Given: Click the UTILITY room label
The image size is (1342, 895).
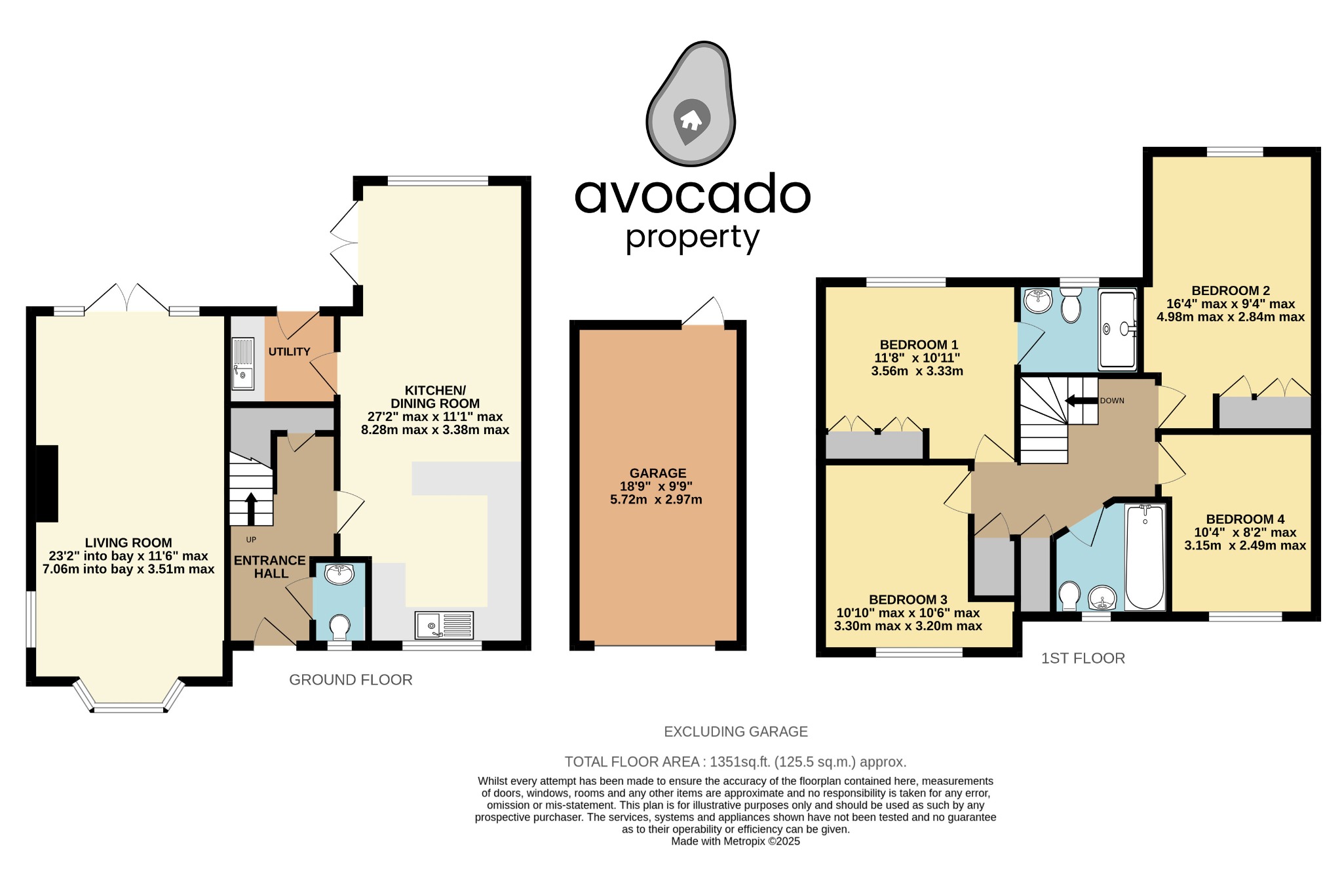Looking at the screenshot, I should click(x=289, y=352).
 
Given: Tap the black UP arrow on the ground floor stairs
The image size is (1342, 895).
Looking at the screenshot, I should click(x=251, y=507).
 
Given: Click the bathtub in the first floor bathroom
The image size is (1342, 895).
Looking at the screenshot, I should click(x=1145, y=557).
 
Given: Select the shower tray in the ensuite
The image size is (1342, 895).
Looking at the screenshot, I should click(x=1117, y=329).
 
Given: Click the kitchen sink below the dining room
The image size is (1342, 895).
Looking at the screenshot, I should click(x=444, y=625).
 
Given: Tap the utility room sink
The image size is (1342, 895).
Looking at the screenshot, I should click(x=242, y=364).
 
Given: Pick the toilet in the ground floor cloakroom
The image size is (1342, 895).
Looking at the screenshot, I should click(x=339, y=626).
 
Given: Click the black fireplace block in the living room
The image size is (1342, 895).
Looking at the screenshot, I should click(x=47, y=484).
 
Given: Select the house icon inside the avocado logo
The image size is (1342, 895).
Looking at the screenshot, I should click(x=691, y=120).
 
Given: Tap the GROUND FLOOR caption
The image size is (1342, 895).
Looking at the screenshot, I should click(x=351, y=680).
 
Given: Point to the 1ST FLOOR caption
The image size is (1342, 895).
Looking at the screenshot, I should click(x=1083, y=658).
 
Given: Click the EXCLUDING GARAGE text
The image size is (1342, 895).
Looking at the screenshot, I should click(x=735, y=732).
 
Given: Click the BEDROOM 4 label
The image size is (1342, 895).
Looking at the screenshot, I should click(x=1245, y=519).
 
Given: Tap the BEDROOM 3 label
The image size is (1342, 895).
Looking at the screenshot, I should click(x=908, y=600).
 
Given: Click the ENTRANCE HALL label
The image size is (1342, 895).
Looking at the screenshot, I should click(x=270, y=567).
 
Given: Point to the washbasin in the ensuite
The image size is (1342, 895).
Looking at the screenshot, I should click(x=1038, y=300).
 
